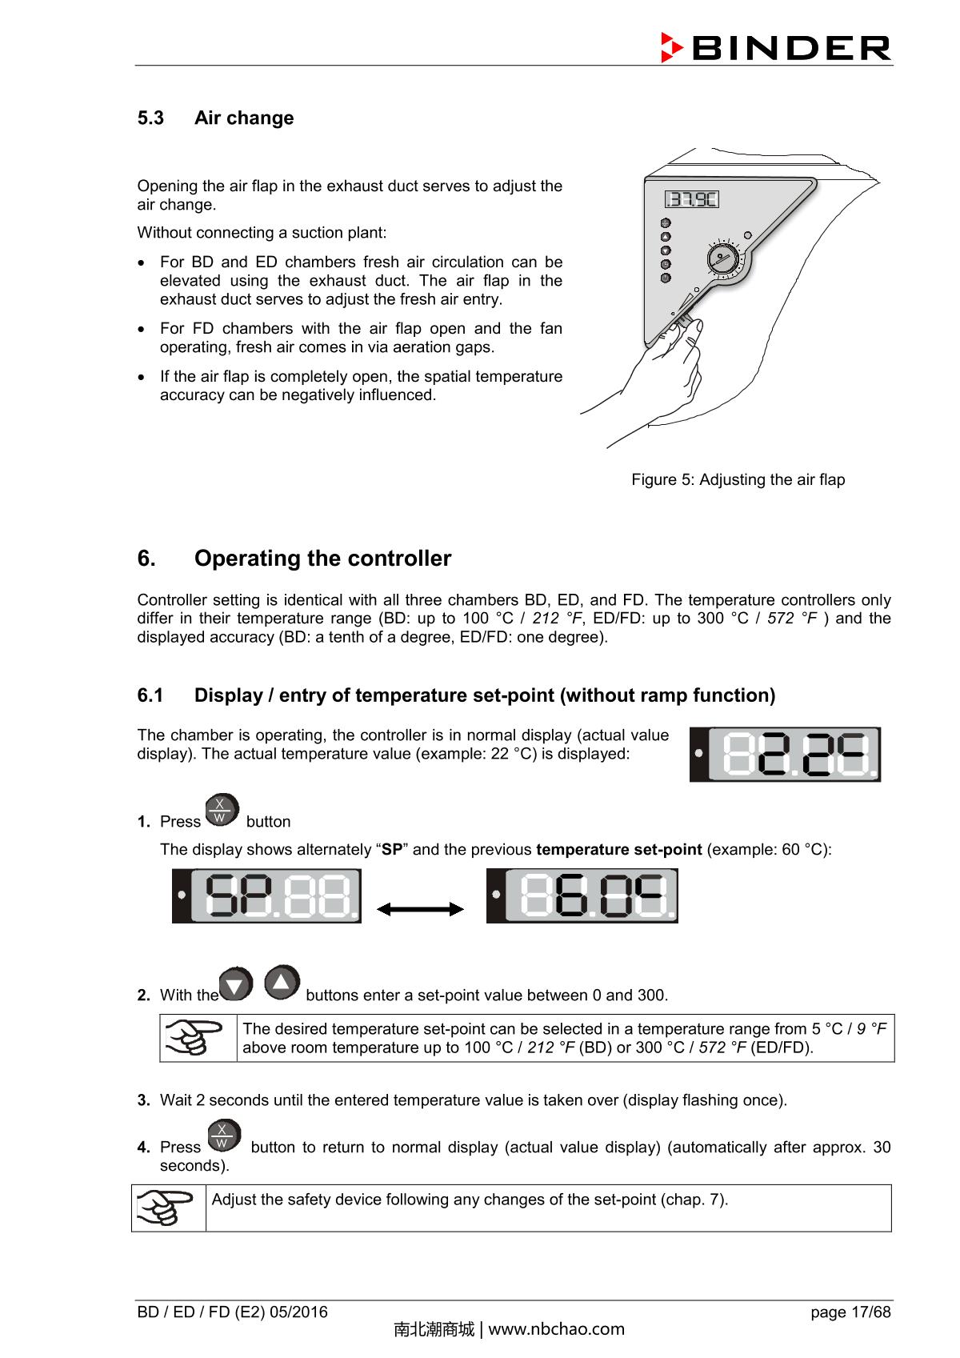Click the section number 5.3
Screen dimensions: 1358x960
click(150, 118)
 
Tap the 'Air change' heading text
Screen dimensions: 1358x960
click(244, 118)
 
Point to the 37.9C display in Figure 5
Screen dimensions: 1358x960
click(692, 199)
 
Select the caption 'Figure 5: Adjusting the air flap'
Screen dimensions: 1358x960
click(738, 479)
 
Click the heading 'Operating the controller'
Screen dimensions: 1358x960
click(322, 558)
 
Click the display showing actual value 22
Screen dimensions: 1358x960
click(785, 754)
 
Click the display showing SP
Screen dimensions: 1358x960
click(266, 895)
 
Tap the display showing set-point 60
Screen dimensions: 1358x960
click(582, 895)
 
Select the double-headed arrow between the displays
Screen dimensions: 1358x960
click(420, 909)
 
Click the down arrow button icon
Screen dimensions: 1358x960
click(235, 984)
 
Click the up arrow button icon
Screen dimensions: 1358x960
click(282, 982)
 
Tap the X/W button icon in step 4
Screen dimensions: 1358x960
click(223, 1136)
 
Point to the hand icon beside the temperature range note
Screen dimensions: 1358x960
click(194, 1038)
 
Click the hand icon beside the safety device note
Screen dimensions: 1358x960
click(166, 1208)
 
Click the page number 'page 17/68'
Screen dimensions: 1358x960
click(850, 1312)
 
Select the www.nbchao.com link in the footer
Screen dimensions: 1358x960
click(556, 1329)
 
